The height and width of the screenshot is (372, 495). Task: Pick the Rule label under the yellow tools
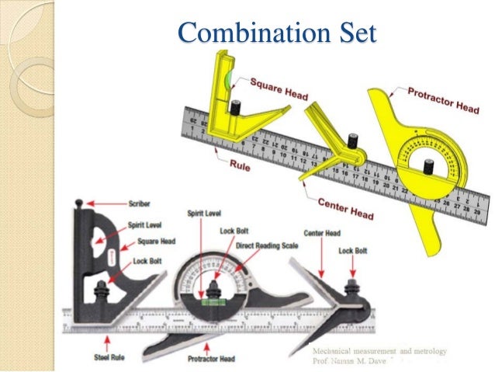coord(241,165)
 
